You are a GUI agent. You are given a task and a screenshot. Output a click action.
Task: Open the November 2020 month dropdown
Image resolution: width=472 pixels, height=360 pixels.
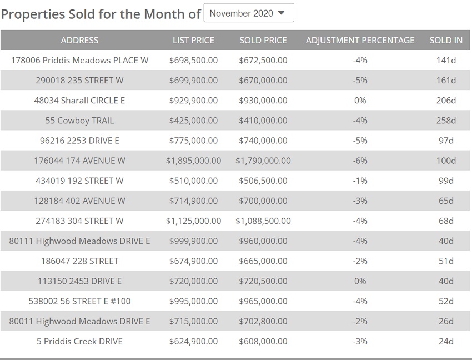click(x=248, y=13)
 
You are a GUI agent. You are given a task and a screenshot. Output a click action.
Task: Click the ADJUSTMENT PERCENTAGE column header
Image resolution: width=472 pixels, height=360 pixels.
click(x=360, y=40)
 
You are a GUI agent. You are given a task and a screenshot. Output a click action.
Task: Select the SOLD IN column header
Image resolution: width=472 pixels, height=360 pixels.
click(x=446, y=40)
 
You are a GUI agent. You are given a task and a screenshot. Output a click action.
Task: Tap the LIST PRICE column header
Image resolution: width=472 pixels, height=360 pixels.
click(x=193, y=40)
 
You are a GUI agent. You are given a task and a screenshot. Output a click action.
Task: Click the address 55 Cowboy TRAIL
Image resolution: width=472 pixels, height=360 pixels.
click(x=79, y=121)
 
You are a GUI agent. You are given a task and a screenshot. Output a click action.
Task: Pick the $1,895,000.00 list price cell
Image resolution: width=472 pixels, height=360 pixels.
click(x=193, y=161)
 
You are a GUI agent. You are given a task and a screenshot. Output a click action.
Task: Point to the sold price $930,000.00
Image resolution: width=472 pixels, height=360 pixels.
click(x=263, y=101)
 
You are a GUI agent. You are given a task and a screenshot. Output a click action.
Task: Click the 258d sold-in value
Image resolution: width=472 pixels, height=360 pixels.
click(x=446, y=121)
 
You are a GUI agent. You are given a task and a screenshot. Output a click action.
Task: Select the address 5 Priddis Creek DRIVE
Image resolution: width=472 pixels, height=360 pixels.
click(x=79, y=341)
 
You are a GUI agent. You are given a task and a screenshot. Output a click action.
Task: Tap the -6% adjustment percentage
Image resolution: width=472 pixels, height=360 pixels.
click(x=360, y=161)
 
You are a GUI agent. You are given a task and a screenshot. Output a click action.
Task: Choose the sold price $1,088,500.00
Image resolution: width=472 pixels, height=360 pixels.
click(x=263, y=221)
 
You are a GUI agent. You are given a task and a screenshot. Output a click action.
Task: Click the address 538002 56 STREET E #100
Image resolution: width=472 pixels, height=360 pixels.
click(x=79, y=301)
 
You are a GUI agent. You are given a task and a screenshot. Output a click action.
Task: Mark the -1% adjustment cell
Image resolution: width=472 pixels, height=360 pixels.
click(x=360, y=181)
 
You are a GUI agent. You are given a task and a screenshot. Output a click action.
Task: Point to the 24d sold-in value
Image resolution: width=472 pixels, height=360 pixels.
click(x=446, y=341)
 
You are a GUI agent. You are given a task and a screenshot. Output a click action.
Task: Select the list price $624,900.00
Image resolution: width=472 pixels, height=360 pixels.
click(x=193, y=341)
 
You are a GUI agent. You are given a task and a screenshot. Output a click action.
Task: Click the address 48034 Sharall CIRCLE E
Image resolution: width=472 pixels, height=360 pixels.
click(x=79, y=101)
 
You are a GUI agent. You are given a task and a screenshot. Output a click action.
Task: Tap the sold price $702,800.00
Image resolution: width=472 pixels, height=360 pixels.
click(x=263, y=321)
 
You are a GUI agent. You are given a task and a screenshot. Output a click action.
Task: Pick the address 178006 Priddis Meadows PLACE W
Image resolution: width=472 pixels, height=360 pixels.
click(x=79, y=60)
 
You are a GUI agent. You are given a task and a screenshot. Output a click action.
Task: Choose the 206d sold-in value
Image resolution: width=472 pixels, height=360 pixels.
click(x=446, y=101)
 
